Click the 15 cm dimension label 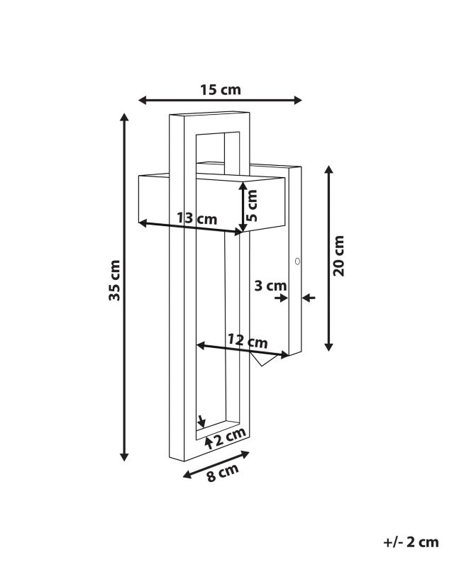pyautogui.click(x=221, y=90)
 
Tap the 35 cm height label pyautogui.click(x=114, y=280)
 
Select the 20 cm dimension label pyautogui.click(x=338, y=256)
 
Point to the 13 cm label pyautogui.click(x=197, y=218)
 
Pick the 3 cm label pyautogui.click(x=270, y=286)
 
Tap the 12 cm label pyautogui.click(x=248, y=341)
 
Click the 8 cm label pyautogui.click(x=223, y=473)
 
